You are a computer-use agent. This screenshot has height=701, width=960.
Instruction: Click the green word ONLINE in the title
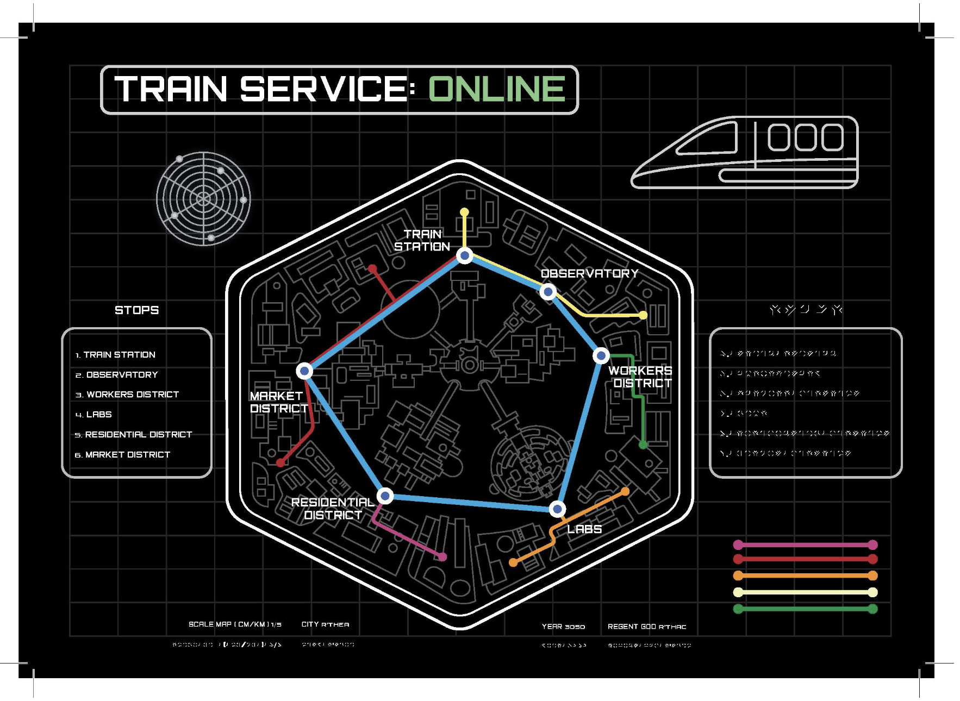tap(497, 89)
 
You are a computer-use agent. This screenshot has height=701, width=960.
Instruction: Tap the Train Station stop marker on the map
tap(464, 255)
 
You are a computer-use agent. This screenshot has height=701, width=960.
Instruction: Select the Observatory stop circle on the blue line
tap(548, 292)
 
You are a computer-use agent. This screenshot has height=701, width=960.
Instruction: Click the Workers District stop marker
tap(601, 356)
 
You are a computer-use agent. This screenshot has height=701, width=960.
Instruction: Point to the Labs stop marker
tap(557, 509)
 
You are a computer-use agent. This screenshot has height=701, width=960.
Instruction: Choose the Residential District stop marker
tap(385, 496)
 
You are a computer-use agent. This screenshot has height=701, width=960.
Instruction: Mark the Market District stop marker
tap(304, 371)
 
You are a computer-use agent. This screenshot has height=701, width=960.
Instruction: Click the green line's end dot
tap(643, 445)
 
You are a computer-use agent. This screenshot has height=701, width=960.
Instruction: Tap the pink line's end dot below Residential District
tap(442, 557)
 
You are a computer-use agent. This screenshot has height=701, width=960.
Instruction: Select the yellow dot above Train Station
tap(464, 212)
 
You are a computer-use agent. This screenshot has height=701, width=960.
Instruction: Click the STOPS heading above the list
tap(136, 310)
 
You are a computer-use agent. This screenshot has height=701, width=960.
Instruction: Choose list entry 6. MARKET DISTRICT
tap(123, 455)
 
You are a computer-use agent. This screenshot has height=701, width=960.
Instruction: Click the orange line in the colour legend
tap(805, 575)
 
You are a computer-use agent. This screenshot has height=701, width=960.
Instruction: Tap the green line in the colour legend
tap(805, 609)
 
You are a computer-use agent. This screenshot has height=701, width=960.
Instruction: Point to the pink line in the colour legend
tap(805, 544)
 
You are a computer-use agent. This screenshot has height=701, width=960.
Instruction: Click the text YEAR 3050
tap(563, 627)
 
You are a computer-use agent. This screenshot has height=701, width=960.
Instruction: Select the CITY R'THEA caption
tap(325, 624)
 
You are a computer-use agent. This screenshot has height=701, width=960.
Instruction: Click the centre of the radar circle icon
tap(203, 199)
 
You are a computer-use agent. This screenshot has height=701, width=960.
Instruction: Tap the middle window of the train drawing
tap(805, 137)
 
